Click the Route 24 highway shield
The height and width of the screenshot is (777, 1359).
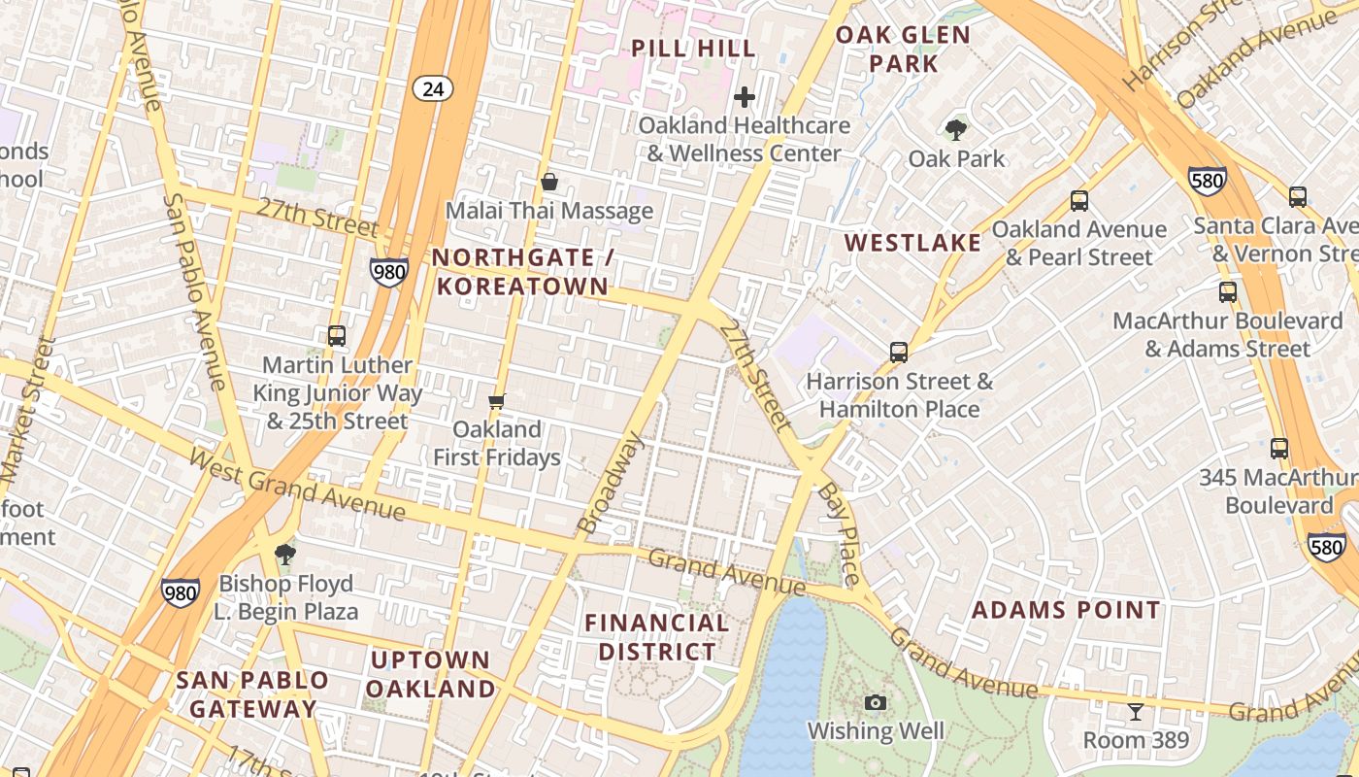432,89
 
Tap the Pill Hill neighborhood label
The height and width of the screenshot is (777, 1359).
693,48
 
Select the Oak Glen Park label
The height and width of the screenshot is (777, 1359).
903,50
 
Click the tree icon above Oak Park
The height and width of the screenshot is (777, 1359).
956,129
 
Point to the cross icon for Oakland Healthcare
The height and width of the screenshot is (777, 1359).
745,97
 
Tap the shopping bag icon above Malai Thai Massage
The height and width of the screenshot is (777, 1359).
549,182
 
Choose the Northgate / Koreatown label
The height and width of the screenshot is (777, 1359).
525,272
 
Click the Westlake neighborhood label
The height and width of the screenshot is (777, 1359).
912,243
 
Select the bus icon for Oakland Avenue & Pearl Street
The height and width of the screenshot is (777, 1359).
1078,201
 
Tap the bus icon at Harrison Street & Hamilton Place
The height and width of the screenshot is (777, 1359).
899,353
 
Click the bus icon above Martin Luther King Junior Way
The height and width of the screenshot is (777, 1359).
337,336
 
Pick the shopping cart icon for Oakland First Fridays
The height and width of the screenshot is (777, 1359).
497,401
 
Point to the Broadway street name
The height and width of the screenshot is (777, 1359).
611,484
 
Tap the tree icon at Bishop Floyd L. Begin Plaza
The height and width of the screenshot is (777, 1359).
285,555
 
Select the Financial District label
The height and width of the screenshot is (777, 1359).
657,637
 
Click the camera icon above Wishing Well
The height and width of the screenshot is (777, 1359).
875,702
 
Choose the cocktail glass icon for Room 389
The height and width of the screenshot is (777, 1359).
1135,712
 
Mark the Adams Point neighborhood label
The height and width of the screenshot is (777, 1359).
1066,610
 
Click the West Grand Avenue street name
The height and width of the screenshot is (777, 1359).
296,484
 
